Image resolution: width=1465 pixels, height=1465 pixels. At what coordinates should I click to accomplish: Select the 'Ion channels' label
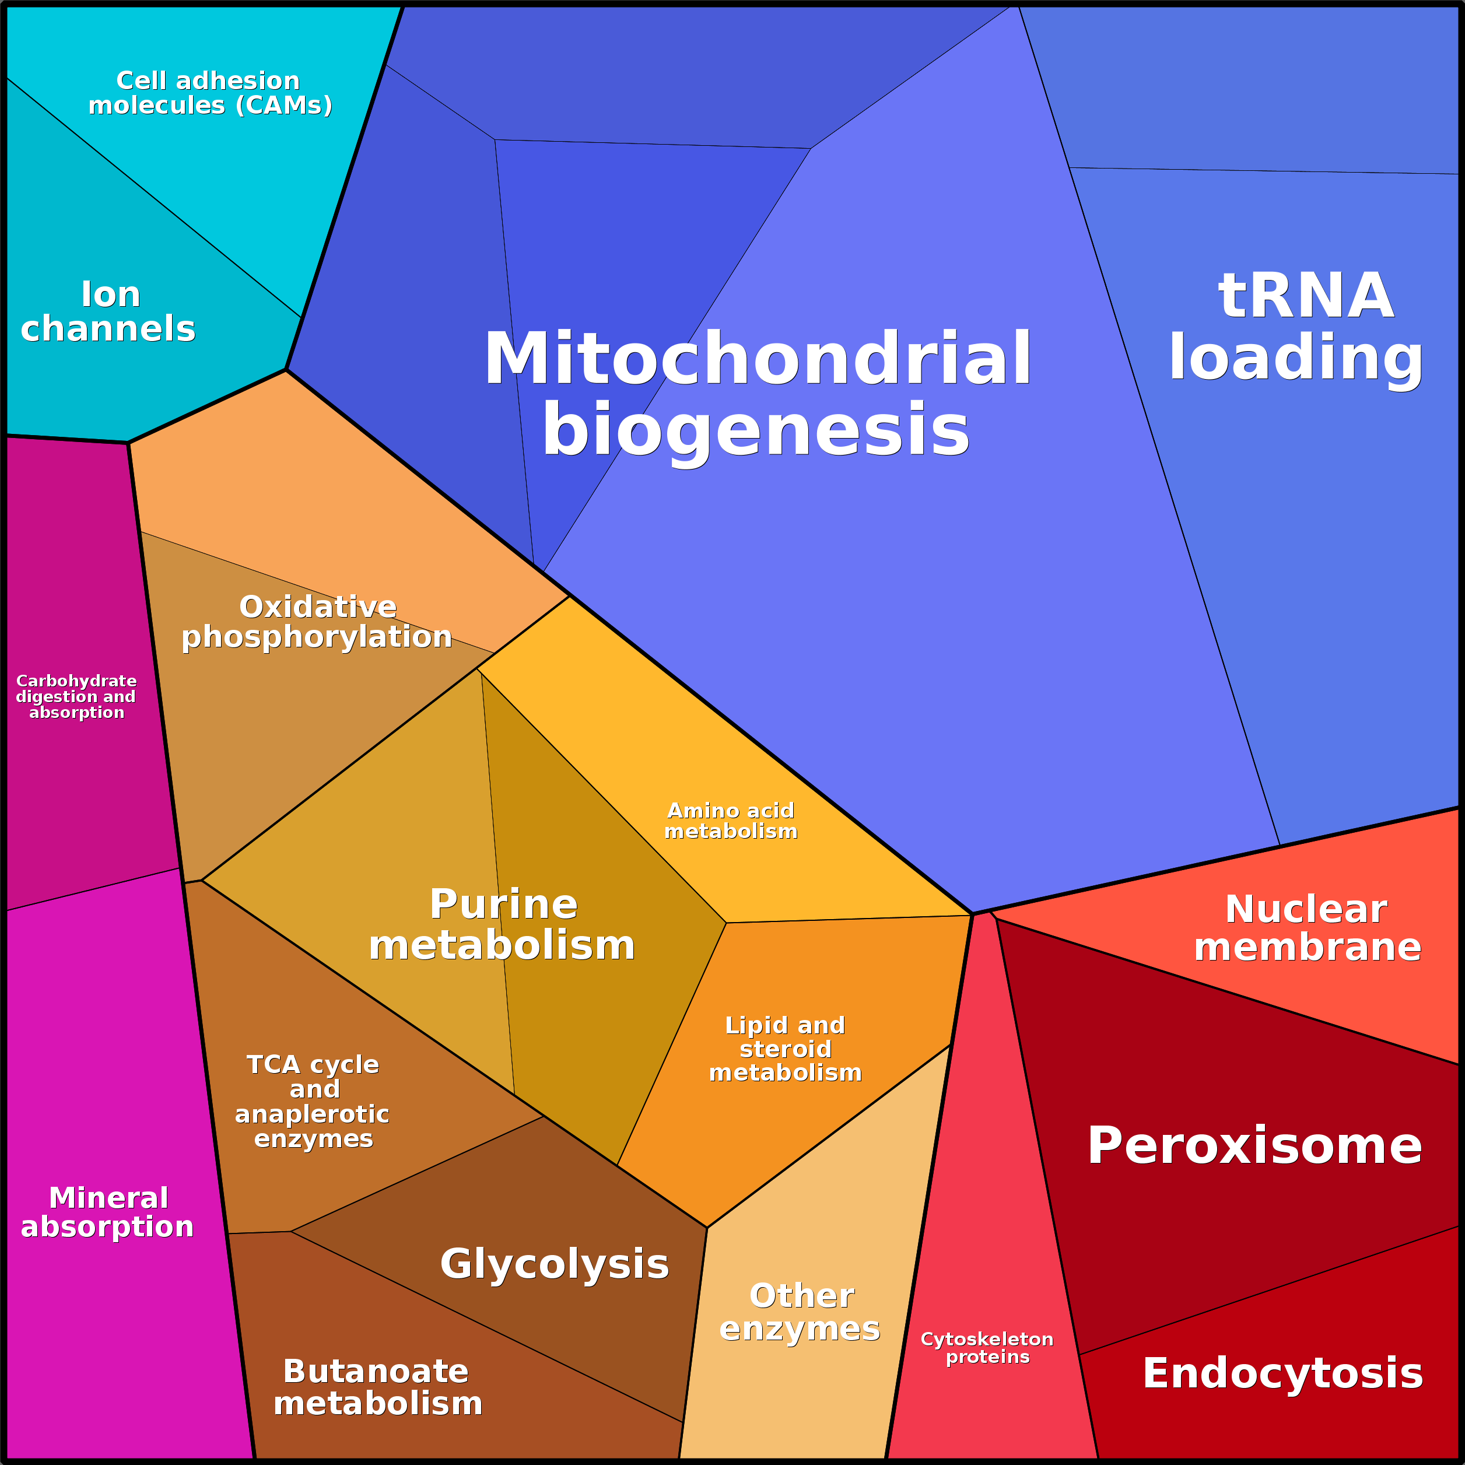point(108,311)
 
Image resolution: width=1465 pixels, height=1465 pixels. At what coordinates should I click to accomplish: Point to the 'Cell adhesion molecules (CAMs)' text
point(210,93)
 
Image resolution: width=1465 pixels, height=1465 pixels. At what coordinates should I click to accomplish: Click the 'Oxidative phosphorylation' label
point(317,622)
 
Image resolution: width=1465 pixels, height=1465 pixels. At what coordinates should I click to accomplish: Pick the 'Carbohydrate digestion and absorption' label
point(76,696)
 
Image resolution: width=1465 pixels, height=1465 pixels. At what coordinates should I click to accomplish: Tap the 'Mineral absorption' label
point(108,1212)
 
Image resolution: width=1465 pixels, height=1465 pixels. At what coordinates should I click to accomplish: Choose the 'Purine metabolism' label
point(502,924)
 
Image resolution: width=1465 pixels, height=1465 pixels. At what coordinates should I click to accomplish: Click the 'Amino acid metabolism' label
point(731,821)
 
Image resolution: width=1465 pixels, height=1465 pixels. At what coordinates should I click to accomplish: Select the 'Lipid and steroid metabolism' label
point(786,1049)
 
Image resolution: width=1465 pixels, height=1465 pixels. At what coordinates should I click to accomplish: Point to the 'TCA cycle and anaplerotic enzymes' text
point(313,1101)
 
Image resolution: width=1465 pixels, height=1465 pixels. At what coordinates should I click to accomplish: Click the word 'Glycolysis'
point(554,1263)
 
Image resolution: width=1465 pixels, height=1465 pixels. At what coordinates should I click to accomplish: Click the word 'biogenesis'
point(755,429)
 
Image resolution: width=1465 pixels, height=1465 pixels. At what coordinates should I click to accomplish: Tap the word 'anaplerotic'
point(313,1114)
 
